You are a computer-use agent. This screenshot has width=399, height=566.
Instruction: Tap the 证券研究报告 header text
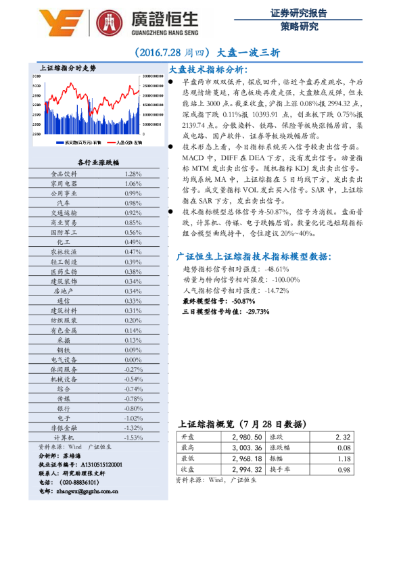(299, 13)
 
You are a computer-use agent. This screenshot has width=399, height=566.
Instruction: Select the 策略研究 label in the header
(299, 27)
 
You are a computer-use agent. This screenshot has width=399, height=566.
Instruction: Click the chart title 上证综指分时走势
(68, 68)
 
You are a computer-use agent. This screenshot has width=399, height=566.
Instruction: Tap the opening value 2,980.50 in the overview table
(241, 438)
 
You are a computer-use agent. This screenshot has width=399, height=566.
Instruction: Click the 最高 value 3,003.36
(241, 448)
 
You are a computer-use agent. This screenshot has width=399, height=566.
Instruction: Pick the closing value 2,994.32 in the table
(241, 469)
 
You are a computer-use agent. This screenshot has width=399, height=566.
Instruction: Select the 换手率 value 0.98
(344, 469)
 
